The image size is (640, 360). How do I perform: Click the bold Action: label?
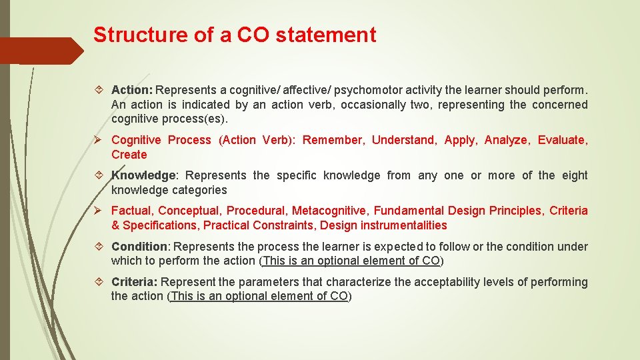point(133,89)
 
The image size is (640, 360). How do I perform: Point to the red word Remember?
point(333,140)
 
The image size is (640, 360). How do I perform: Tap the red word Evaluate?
point(563,140)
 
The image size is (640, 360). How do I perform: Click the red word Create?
point(129,155)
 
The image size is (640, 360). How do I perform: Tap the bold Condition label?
point(139,247)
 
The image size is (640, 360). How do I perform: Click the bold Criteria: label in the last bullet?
point(134,282)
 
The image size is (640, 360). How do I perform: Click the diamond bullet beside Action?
point(99,89)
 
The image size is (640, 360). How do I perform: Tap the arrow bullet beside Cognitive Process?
point(99,140)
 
